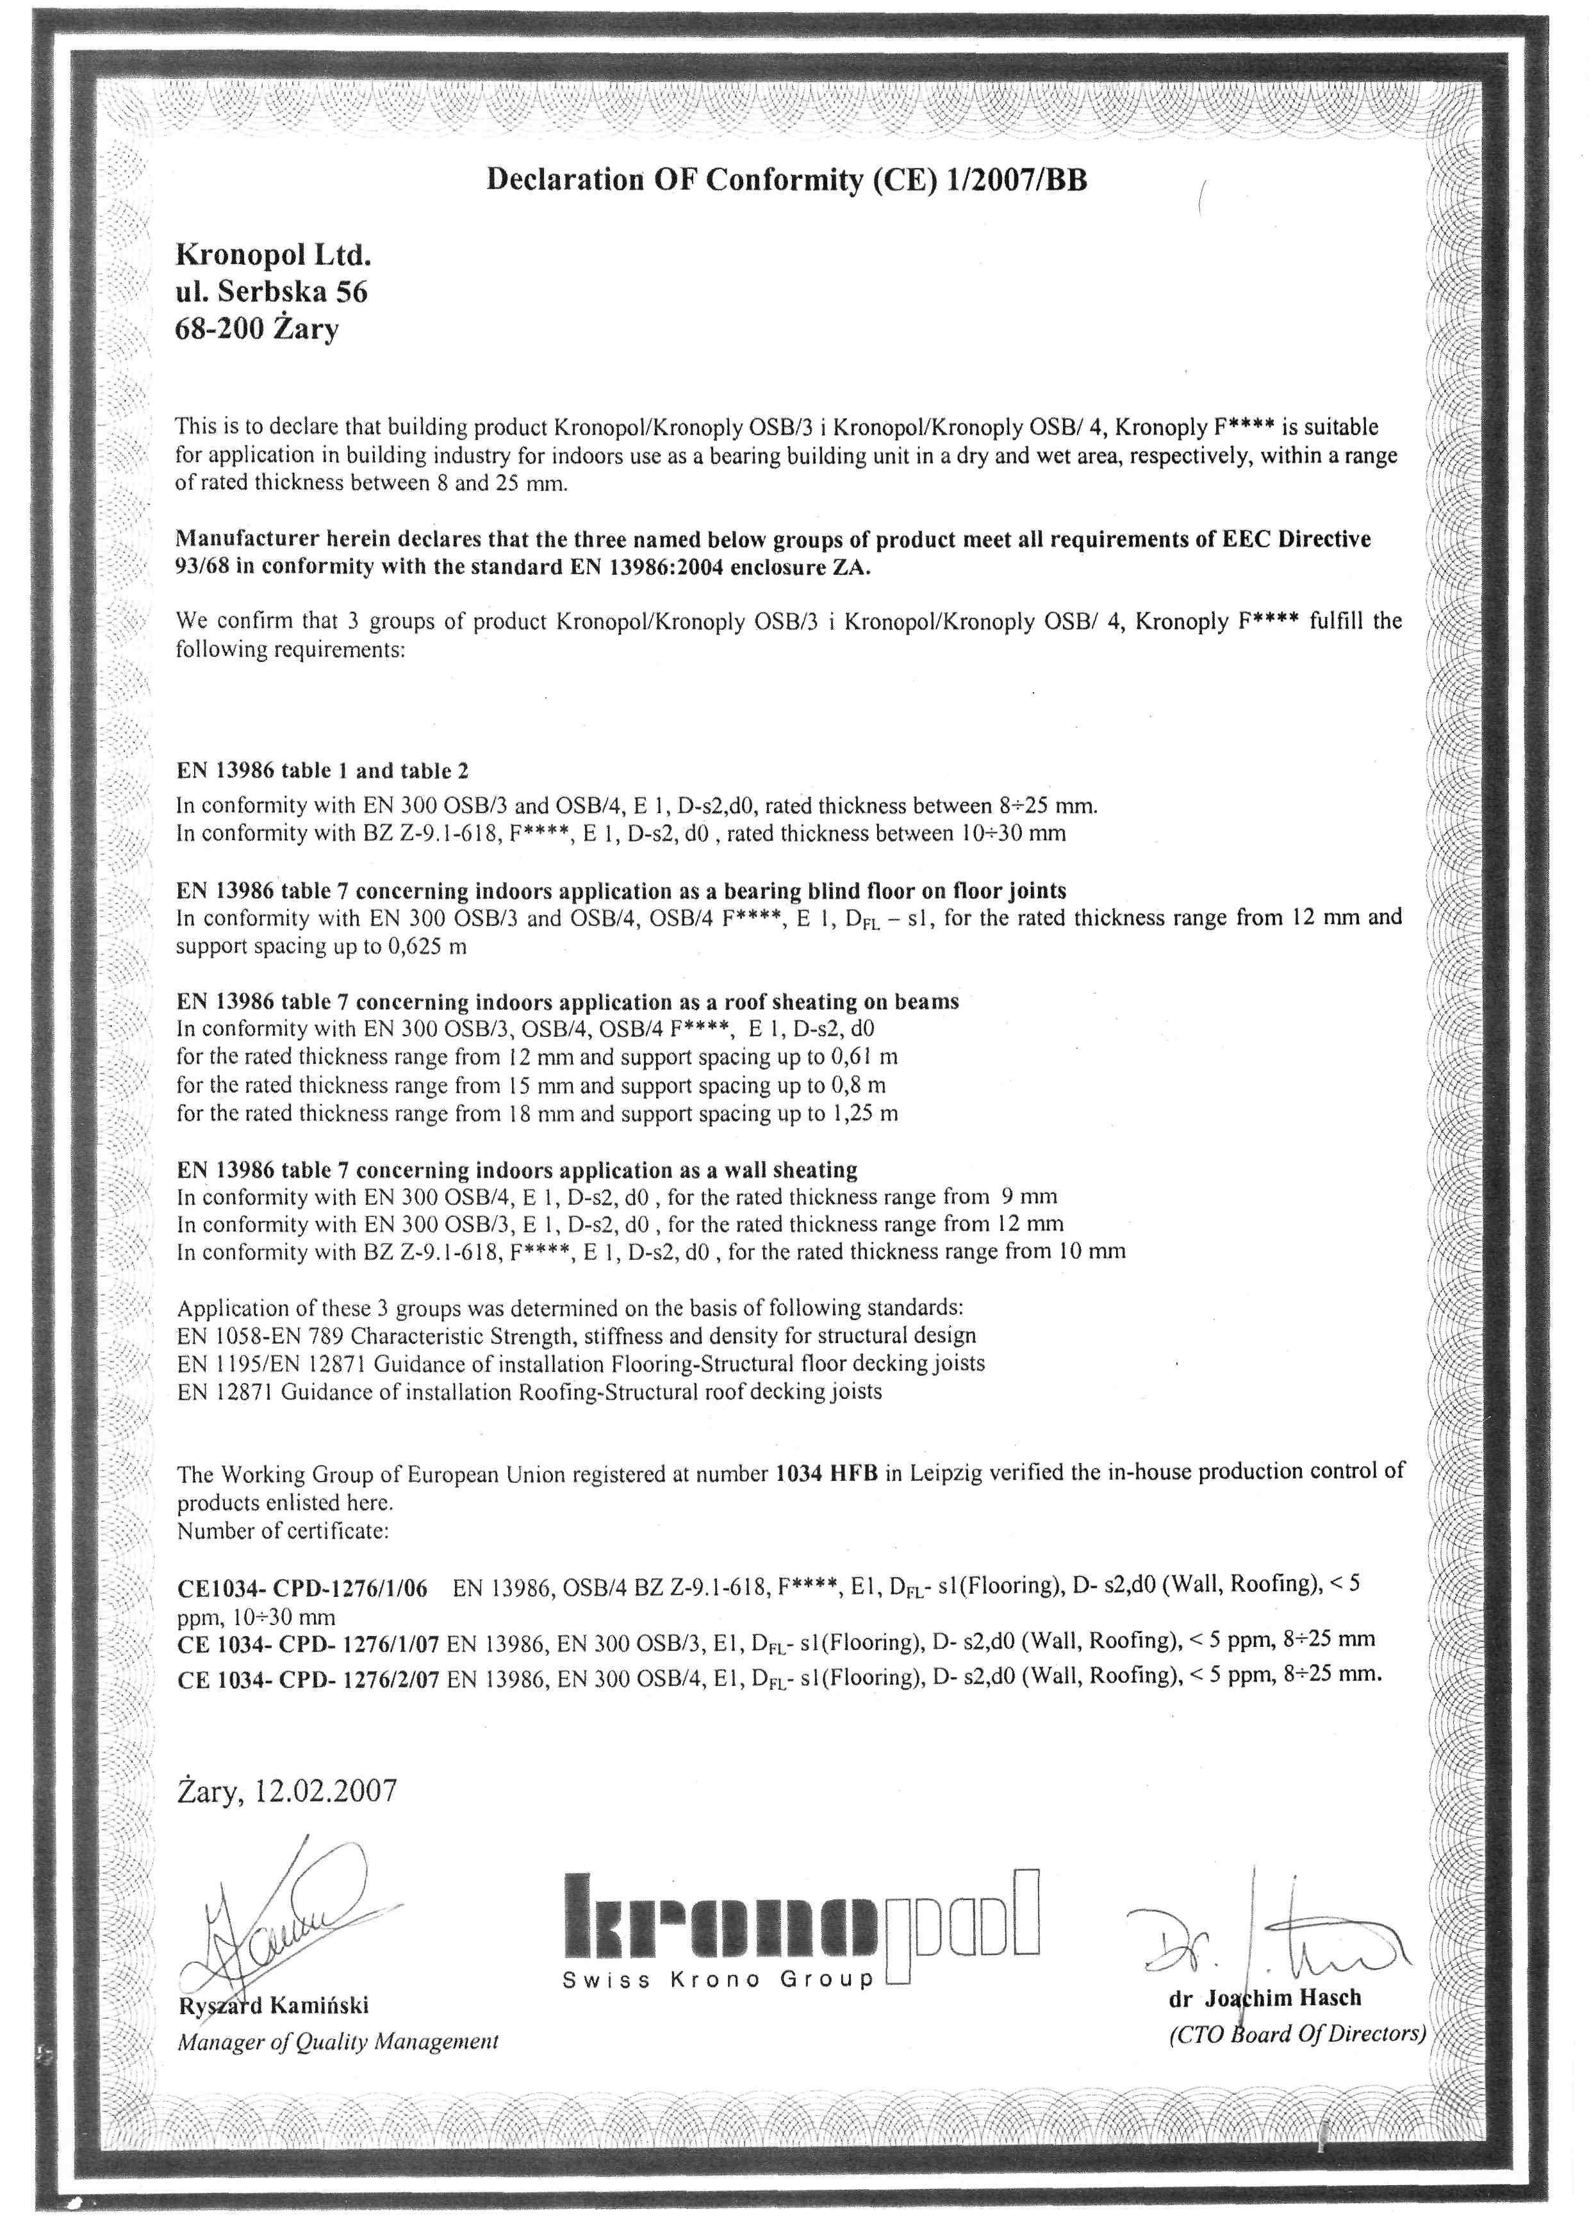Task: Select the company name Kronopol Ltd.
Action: click(273, 256)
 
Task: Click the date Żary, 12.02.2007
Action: click(286, 1790)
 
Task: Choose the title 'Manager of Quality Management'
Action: click(338, 2042)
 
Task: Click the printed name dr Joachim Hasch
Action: click(1265, 1998)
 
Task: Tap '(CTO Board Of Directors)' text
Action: click(1296, 2034)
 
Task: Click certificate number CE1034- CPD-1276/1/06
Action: click(302, 1588)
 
